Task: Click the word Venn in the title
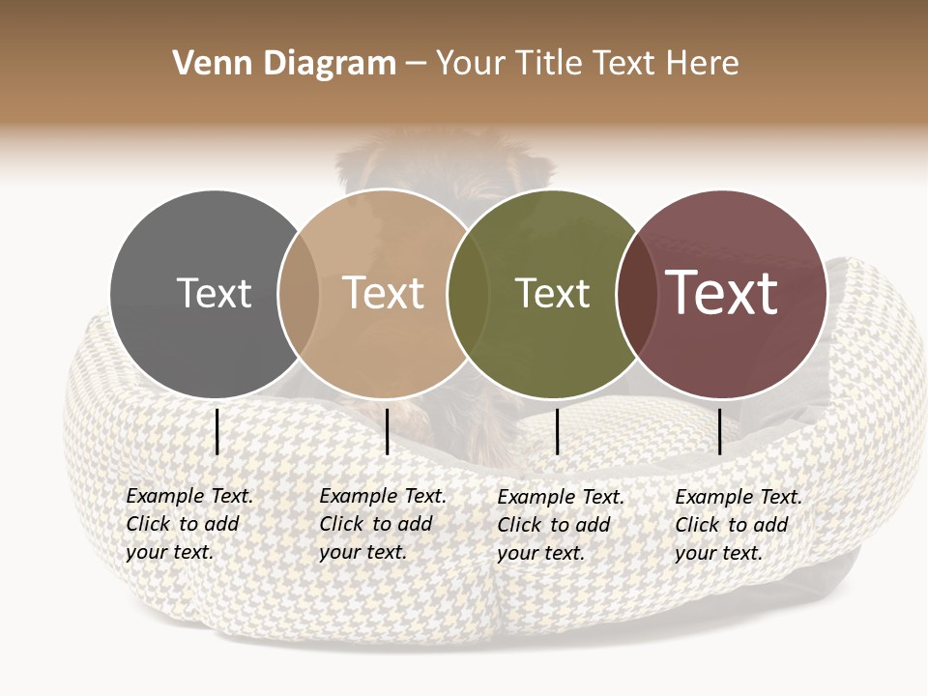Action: pos(203,64)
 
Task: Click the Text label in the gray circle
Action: pos(214,293)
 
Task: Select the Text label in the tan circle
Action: pos(384,293)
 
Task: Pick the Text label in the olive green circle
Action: pos(552,293)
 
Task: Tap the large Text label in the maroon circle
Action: pos(722,293)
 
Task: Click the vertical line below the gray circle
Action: pos(217,431)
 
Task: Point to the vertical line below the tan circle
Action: pos(387,431)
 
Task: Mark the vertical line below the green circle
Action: pos(558,431)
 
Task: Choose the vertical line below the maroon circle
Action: pos(719,431)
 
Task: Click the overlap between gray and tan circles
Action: pos(298,294)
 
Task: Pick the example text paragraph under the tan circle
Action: pos(382,524)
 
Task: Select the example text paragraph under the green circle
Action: pos(560,525)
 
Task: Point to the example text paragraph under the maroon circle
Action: pos(738,525)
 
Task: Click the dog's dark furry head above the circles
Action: pos(445,164)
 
